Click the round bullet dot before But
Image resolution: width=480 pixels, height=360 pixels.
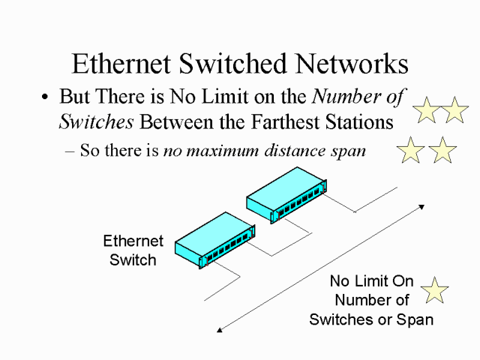pyautogui.click(x=46, y=98)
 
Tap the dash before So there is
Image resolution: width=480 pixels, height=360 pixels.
pyautogui.click(x=71, y=151)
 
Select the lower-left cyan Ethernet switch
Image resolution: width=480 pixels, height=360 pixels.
pyautogui.click(x=212, y=239)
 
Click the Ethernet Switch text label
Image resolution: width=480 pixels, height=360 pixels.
pyautogui.click(x=133, y=250)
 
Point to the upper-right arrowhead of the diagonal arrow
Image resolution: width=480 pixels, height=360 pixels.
pyautogui.click(x=422, y=206)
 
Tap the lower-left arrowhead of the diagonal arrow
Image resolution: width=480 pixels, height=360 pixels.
pyautogui.click(x=219, y=328)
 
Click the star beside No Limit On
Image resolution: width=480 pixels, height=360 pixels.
pyautogui.click(x=434, y=289)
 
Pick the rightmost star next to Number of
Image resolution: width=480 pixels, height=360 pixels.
pyautogui.click(x=454, y=110)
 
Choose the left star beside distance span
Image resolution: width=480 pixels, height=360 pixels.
pyautogui.click(x=410, y=150)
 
